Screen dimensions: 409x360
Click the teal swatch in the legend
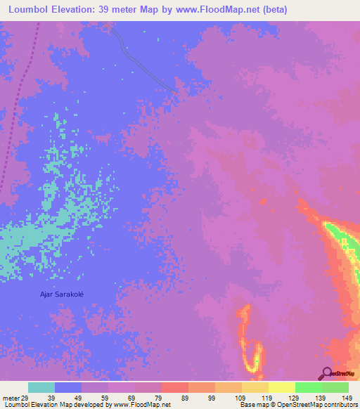pyautogui.click(x=41, y=387)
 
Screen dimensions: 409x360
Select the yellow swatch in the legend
pyautogui.click(x=282, y=387)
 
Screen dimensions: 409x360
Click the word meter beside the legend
pyautogui.click(x=9, y=397)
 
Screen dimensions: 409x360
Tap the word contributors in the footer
pyautogui.click(x=338, y=405)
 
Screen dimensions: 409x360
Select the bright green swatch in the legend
pyautogui.click(x=309, y=387)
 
